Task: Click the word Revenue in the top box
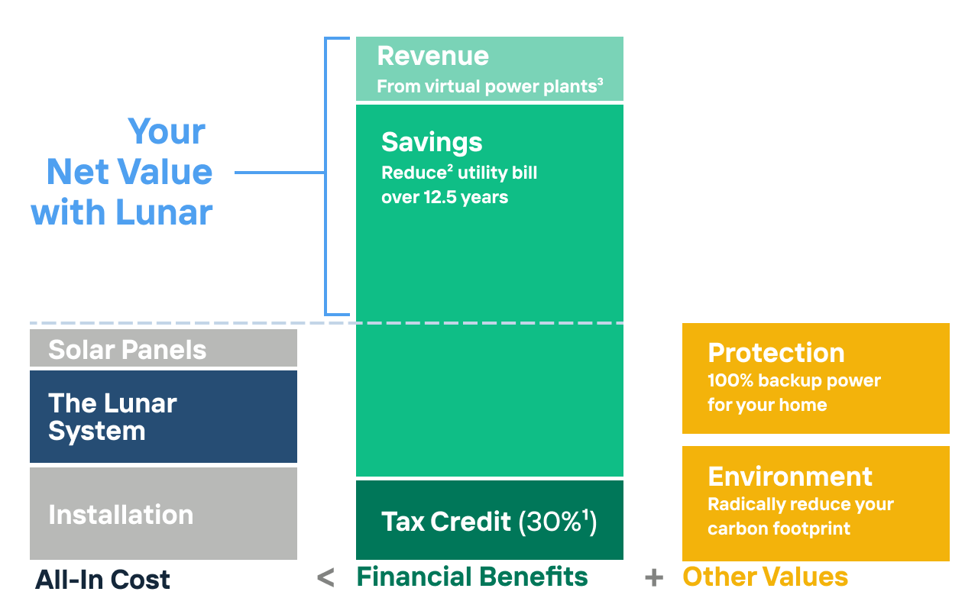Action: (432, 57)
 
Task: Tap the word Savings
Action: (432, 143)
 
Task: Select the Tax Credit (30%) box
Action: (490, 520)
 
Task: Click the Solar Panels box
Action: (164, 348)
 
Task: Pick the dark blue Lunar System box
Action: (164, 416)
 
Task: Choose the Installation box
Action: (164, 514)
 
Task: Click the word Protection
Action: (776, 353)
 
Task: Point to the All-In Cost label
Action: (102, 580)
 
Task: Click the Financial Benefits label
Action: (472, 577)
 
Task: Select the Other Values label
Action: (766, 577)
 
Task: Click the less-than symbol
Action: (325, 577)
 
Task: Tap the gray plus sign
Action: (654, 578)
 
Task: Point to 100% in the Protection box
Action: (730, 380)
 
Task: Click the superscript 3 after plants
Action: (601, 82)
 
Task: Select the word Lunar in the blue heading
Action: (164, 212)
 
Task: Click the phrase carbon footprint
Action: (779, 529)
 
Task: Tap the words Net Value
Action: (129, 172)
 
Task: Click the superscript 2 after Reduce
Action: (450, 168)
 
